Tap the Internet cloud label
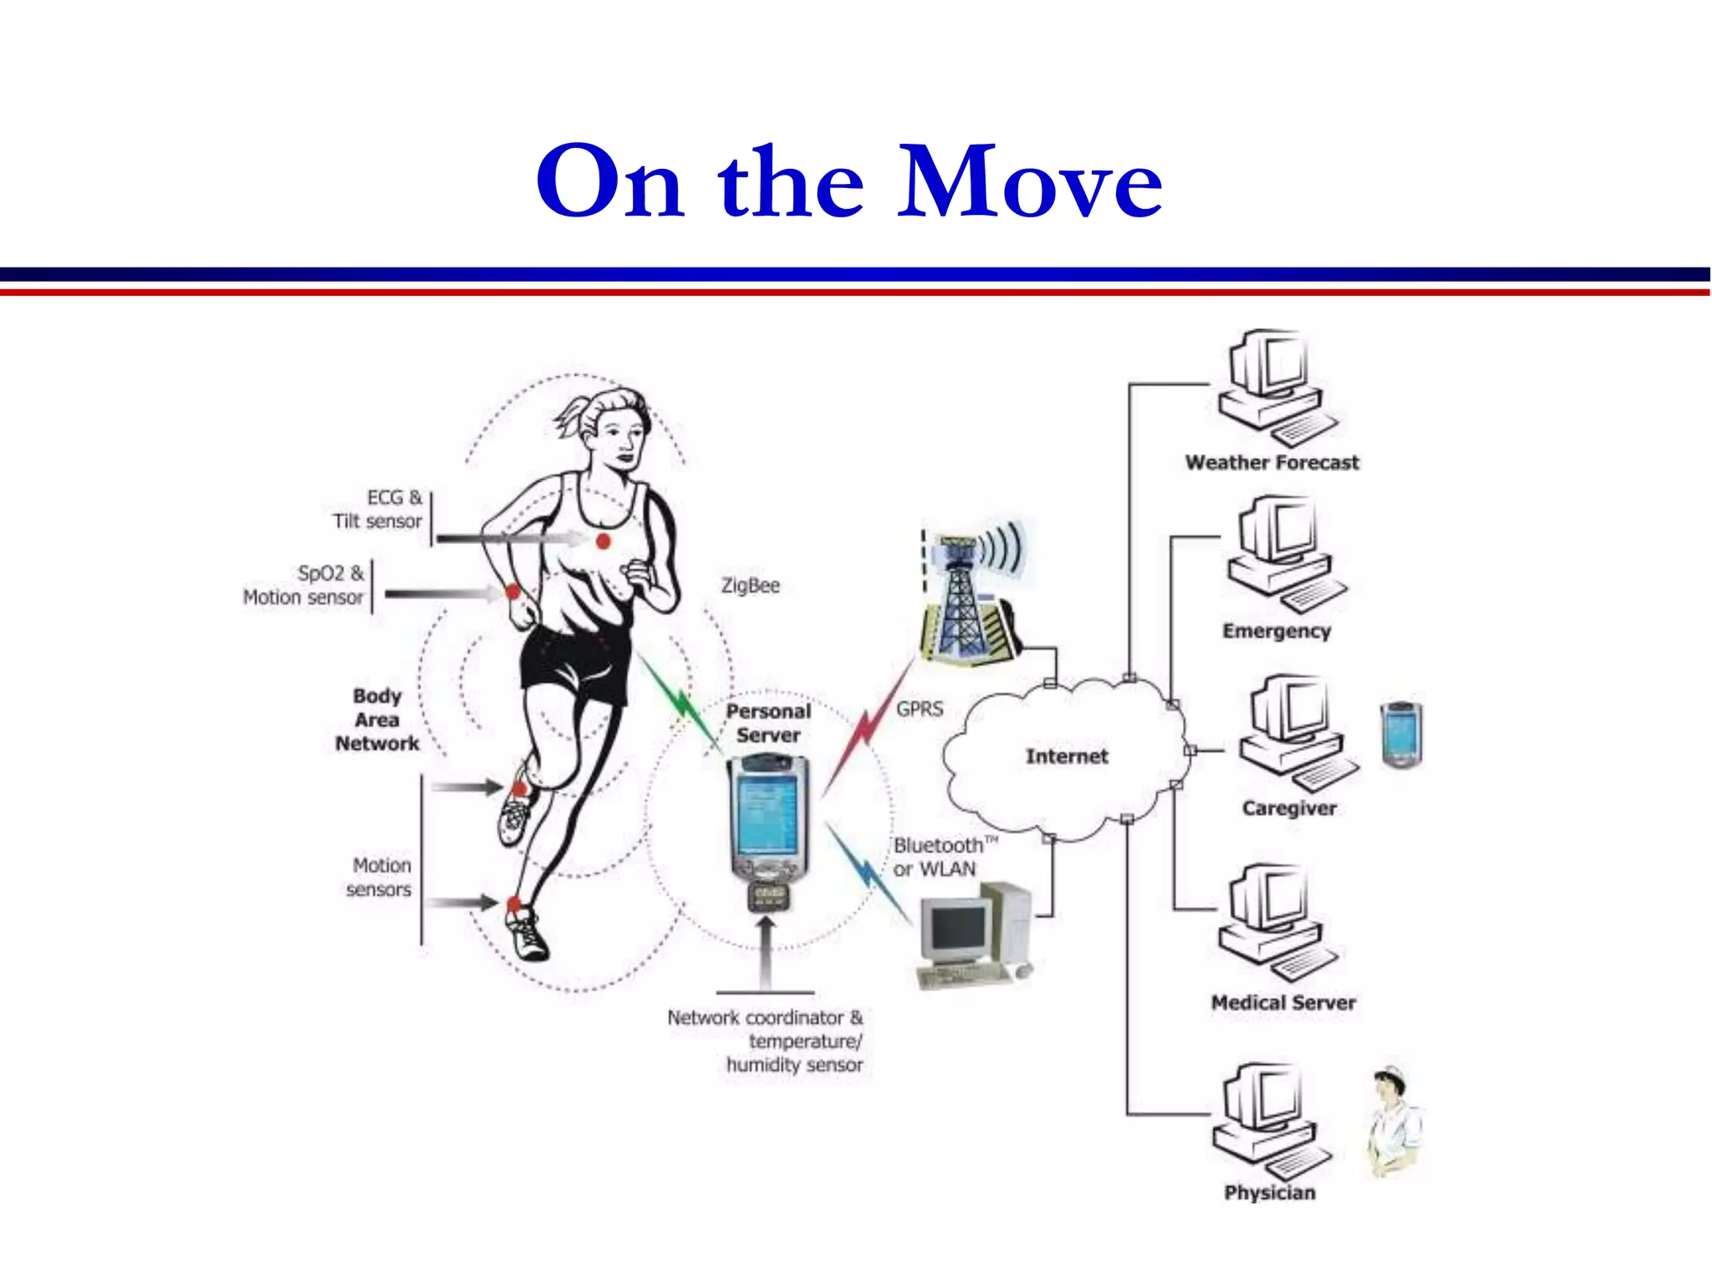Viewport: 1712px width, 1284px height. [1066, 756]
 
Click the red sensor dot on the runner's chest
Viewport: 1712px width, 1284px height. [603, 542]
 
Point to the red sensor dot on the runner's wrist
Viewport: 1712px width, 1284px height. [512, 592]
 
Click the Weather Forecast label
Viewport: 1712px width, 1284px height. [1271, 462]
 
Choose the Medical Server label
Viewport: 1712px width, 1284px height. [1283, 1002]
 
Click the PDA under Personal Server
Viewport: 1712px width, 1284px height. [768, 819]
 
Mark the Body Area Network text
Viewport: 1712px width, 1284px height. [377, 720]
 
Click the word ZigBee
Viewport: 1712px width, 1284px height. [750, 585]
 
